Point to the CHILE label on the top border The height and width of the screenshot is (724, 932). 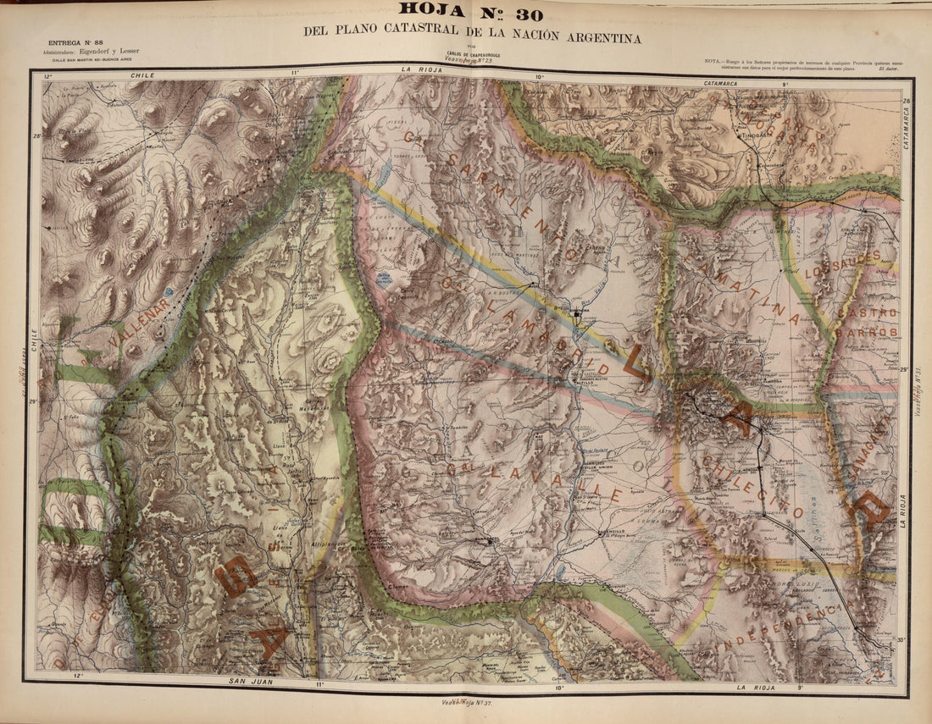(141, 75)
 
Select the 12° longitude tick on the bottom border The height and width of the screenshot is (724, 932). (78, 676)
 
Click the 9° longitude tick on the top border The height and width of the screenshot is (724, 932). (785, 84)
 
